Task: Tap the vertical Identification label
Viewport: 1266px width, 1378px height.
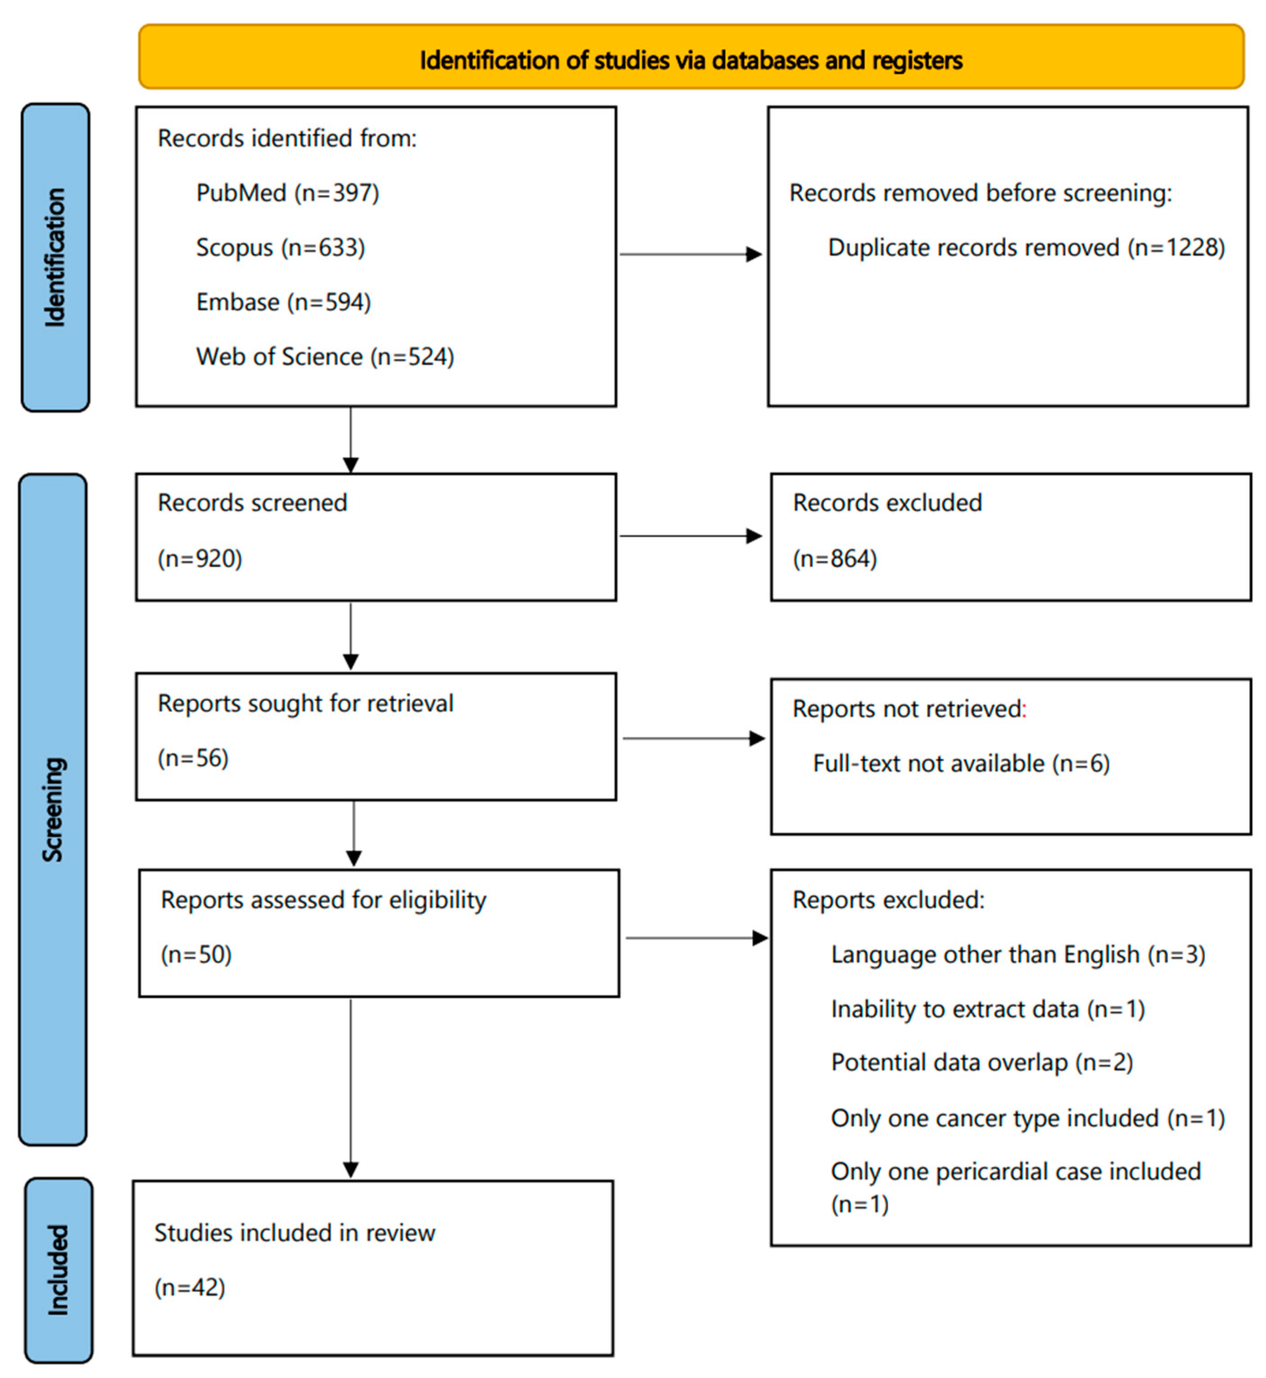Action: tap(55, 257)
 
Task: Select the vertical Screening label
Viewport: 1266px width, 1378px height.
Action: tap(53, 809)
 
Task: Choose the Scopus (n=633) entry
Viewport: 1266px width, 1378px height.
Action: tap(280, 247)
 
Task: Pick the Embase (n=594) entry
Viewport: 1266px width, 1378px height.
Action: tap(283, 302)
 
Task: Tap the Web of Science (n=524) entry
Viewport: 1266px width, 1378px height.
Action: tap(325, 357)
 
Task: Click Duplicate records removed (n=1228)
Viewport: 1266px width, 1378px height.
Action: tap(1026, 247)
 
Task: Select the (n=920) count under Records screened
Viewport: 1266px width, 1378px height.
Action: tap(200, 558)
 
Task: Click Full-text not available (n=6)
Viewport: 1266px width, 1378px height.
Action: tap(961, 763)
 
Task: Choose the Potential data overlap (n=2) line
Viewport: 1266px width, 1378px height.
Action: tap(981, 1062)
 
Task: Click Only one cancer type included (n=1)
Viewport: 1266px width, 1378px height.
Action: tap(1027, 1118)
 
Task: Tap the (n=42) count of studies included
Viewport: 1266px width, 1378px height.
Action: tap(189, 1287)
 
